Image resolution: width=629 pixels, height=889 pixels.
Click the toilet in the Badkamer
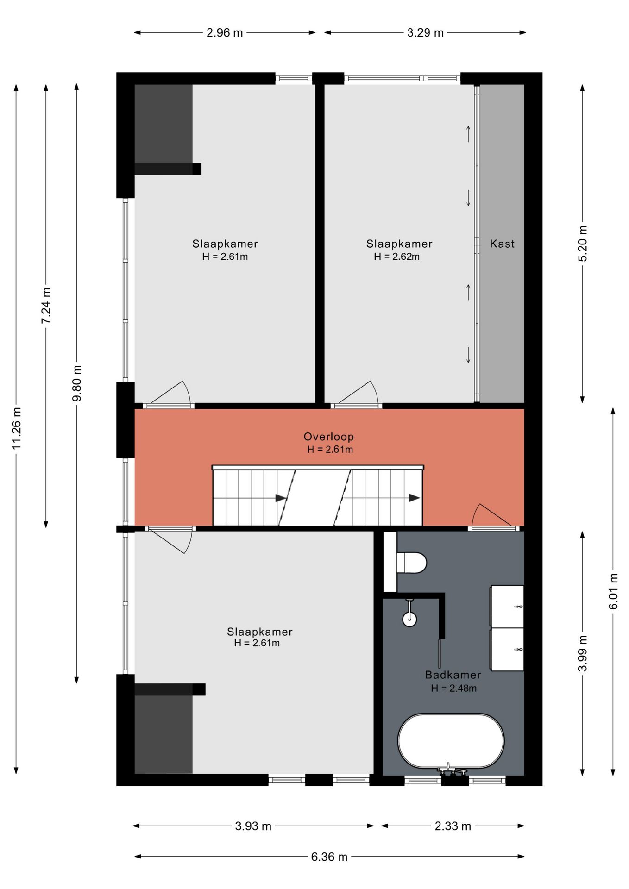[411, 562]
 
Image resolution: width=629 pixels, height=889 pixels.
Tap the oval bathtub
[451, 741]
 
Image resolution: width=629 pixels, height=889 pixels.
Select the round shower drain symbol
[409, 619]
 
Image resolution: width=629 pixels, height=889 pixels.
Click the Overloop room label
[329, 437]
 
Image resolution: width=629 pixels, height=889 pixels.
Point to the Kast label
[502, 244]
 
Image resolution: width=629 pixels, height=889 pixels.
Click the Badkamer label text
[453, 675]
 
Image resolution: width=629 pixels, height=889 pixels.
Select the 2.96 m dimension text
[225, 33]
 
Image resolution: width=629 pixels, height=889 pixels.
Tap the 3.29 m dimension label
[425, 33]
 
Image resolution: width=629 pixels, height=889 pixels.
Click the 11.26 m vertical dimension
[17, 428]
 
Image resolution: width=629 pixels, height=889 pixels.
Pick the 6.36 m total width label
[329, 857]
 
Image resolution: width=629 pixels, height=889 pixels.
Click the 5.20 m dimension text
[583, 244]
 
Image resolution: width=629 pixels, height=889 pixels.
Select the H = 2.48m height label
[453, 688]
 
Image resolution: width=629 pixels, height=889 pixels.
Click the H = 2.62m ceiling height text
[397, 257]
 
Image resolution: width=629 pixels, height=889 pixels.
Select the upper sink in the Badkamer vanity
[507, 606]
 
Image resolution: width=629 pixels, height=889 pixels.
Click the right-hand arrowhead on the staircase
[414, 498]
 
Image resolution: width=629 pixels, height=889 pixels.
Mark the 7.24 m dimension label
[46, 306]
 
